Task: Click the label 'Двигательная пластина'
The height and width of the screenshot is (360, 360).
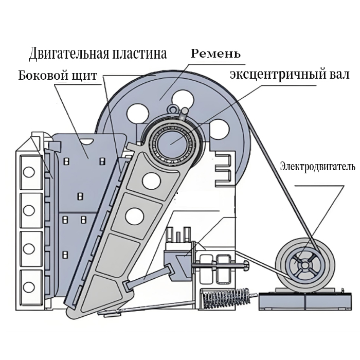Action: coord(98,53)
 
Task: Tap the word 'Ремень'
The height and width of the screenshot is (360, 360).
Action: coord(215,53)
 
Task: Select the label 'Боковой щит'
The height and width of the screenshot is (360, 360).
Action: coord(58,76)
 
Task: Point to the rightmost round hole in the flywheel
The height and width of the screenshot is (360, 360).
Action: coord(219,128)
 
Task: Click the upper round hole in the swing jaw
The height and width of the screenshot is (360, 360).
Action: coord(151,180)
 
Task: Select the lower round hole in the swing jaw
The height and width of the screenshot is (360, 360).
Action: coord(134,216)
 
